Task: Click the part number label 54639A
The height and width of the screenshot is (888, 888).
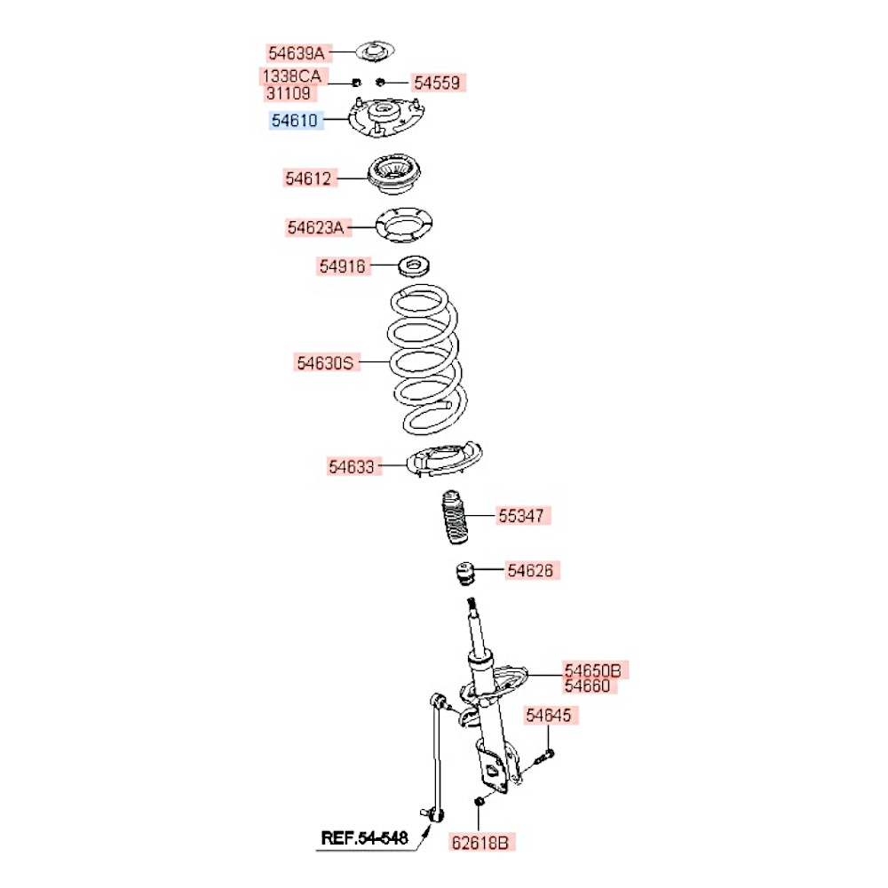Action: [x=297, y=53]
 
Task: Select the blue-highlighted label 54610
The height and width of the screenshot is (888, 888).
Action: [x=295, y=120]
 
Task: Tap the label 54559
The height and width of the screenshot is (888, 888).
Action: [x=437, y=83]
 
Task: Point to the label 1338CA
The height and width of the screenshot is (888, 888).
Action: [x=291, y=75]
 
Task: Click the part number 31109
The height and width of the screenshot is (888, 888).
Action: [x=289, y=93]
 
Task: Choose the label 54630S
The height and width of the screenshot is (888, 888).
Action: [x=325, y=362]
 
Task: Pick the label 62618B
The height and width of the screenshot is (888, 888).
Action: [x=480, y=843]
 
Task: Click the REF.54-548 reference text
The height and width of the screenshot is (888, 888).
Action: [x=364, y=838]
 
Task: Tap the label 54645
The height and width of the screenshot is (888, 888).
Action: [x=548, y=715]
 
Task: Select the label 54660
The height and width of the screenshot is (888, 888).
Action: [x=587, y=686]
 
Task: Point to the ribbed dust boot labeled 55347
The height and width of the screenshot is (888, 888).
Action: [x=455, y=517]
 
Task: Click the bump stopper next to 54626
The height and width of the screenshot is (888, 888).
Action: [x=465, y=573]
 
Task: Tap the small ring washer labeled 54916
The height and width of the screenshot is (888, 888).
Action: [x=414, y=266]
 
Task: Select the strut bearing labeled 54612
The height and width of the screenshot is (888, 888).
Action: [x=395, y=174]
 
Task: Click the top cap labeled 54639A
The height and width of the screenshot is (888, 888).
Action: [x=375, y=52]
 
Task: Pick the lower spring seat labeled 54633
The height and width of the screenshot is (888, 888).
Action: [x=445, y=459]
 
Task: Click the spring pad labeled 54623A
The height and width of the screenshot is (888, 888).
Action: [x=404, y=226]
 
